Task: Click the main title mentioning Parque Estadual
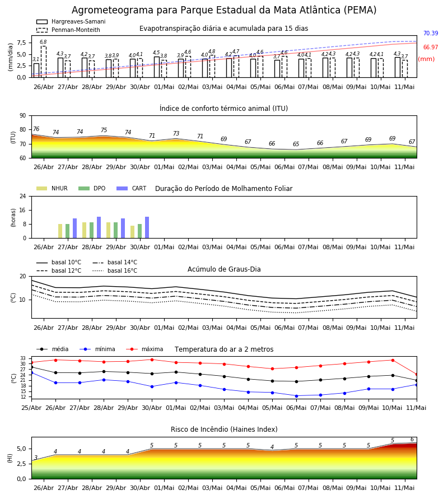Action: click(x=223, y=10)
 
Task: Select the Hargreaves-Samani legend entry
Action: click(x=71, y=21)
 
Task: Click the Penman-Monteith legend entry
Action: click(x=68, y=30)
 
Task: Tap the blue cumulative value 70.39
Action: click(x=431, y=33)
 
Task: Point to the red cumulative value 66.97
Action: click(x=431, y=47)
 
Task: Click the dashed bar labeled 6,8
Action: click(x=43, y=62)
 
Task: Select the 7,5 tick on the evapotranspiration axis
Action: click(x=21, y=43)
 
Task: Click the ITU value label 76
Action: click(x=36, y=129)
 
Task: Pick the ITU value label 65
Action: click(x=296, y=144)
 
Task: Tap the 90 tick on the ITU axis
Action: click(x=23, y=116)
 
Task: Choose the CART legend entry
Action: click(x=132, y=188)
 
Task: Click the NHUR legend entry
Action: click(x=52, y=188)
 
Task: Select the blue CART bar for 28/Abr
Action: click(x=99, y=227)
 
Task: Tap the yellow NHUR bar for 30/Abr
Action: click(x=132, y=232)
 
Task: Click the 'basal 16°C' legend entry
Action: click(x=115, y=271)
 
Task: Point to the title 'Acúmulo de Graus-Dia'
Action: click(x=224, y=269)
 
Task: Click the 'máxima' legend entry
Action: click(x=144, y=349)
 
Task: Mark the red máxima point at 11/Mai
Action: click(x=417, y=375)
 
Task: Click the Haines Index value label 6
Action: click(x=412, y=440)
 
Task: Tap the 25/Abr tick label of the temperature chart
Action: click(x=31, y=408)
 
